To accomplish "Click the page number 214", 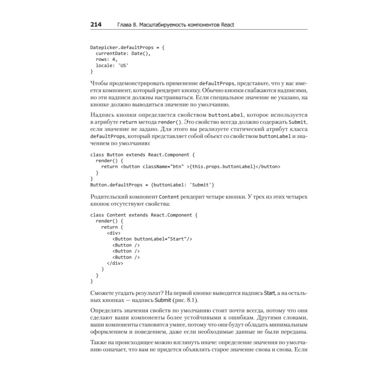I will pyautogui.click(x=96, y=25).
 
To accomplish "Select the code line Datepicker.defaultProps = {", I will pyautogui.click(x=127, y=48).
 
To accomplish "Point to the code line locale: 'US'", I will pyautogui.click(x=112, y=66).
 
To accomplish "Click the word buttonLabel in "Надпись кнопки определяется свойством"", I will pyautogui.click(x=226, y=115).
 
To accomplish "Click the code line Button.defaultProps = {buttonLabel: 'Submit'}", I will pyautogui.click(x=152, y=184).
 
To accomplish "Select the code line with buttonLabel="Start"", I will pyautogui.click(x=152, y=239).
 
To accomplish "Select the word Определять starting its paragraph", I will pyautogui.click(x=105, y=311).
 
